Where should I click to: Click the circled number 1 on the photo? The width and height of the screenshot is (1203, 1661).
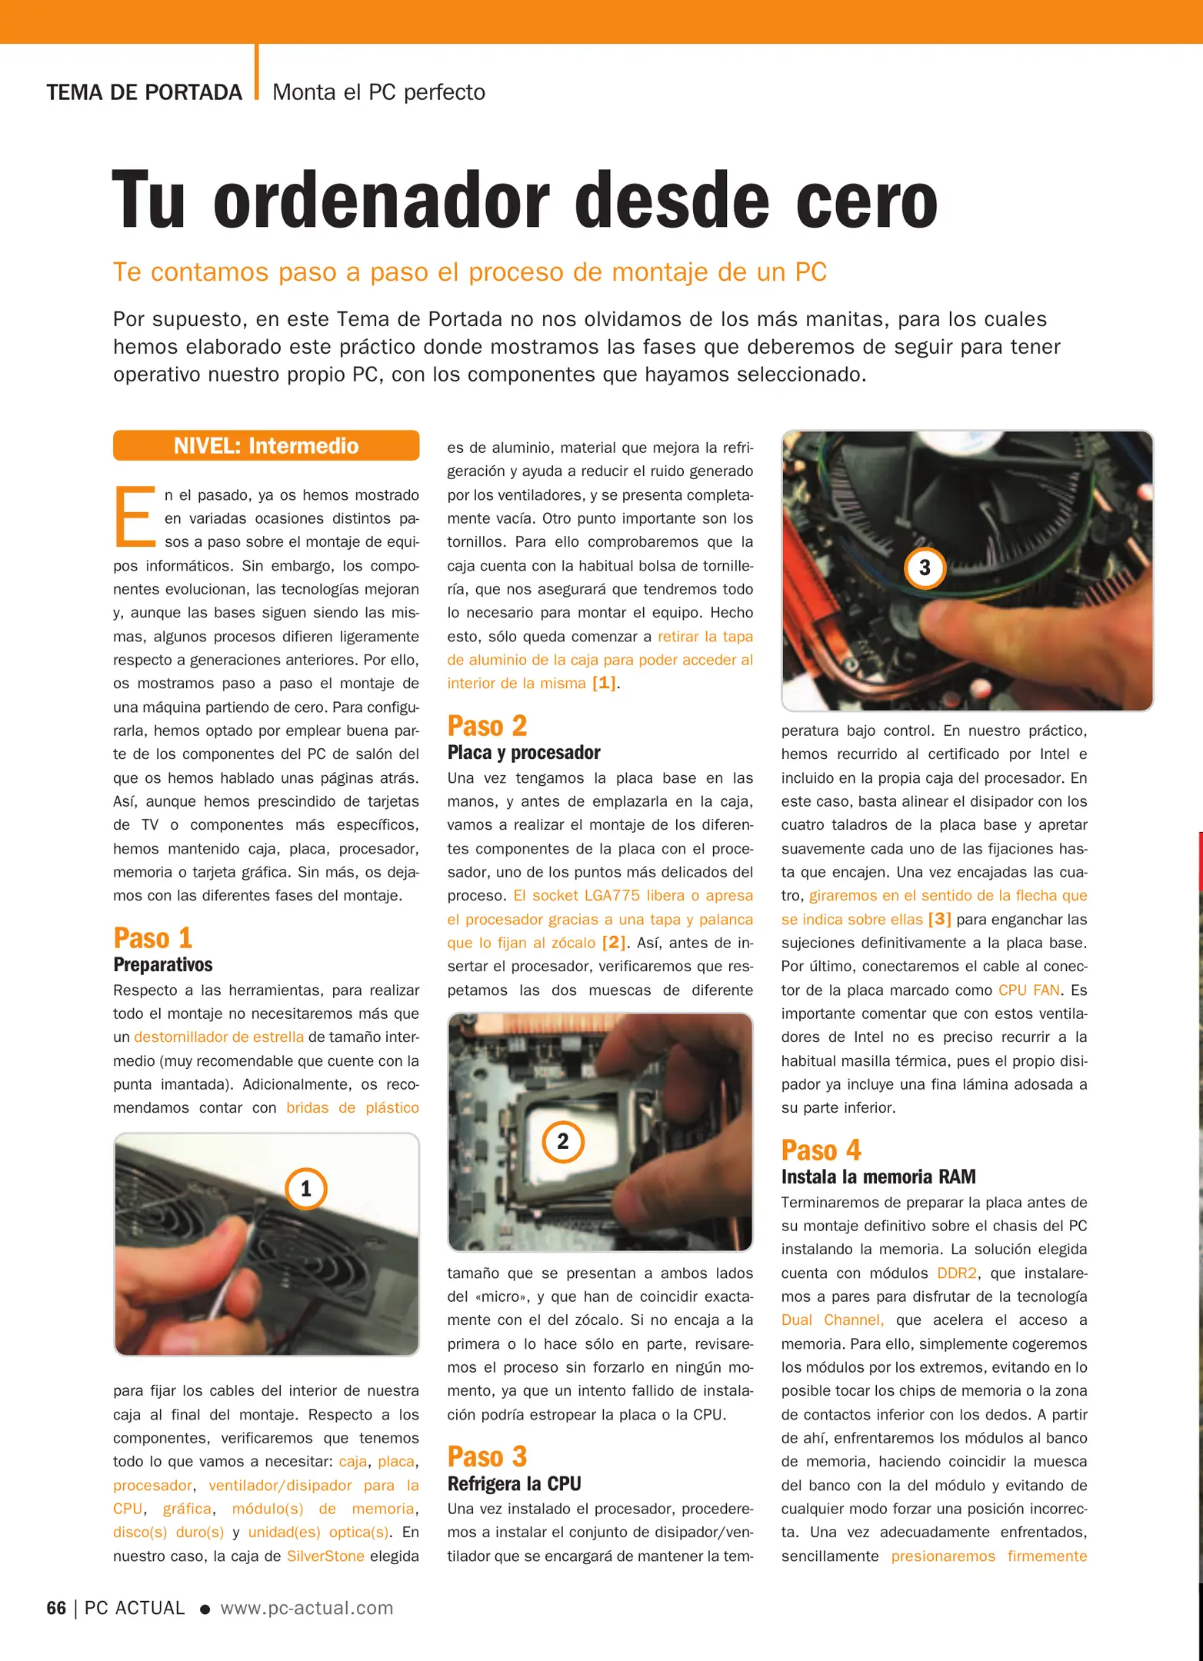coord(305,1189)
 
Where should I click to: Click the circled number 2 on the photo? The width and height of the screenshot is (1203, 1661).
coord(563,1141)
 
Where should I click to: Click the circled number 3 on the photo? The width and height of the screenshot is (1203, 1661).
coord(925,568)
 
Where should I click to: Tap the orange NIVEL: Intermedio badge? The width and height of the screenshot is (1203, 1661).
coord(266,446)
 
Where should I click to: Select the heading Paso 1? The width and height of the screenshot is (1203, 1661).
coord(153,938)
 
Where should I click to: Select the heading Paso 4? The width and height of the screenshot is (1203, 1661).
coord(821,1150)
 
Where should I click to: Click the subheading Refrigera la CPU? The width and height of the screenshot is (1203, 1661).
coord(514,1483)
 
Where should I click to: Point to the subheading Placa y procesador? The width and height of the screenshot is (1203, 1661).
coord(524,752)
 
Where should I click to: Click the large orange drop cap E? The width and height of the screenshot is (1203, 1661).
coord(135,517)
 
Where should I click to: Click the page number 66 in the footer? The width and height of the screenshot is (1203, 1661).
coord(56,1608)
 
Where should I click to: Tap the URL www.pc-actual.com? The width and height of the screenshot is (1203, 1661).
coord(307,1608)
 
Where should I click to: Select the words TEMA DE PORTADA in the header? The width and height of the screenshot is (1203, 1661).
coord(144,92)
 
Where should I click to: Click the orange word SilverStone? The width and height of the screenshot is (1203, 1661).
coord(325,1556)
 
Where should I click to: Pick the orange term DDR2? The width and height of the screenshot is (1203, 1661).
coord(957,1273)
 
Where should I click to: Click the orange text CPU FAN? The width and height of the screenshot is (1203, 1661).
coord(1028,990)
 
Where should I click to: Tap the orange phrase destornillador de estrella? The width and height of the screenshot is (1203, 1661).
coord(218,1037)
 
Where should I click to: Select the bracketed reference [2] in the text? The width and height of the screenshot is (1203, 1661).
coord(613,943)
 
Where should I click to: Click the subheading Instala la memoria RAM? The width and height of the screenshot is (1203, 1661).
coord(878,1177)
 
